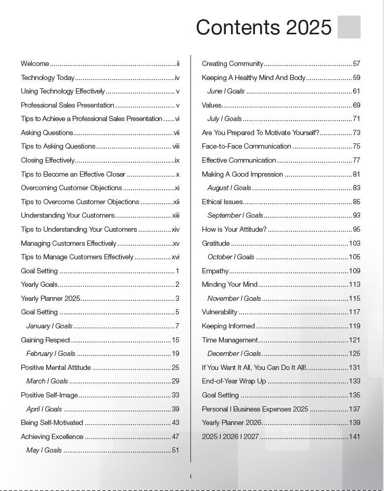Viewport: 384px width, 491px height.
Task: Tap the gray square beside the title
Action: coord(349,27)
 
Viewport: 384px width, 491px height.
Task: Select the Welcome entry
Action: coord(35,64)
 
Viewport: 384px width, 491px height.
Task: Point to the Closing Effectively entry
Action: coord(48,161)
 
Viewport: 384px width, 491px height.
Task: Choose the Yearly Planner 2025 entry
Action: coord(50,298)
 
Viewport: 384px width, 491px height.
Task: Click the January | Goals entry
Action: coord(49,326)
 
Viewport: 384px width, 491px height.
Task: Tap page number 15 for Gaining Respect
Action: coord(175,340)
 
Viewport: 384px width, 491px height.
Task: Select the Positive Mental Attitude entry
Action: coord(56,368)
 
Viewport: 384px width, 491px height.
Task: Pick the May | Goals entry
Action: coord(44,450)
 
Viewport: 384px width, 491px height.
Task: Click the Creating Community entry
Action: coord(233,64)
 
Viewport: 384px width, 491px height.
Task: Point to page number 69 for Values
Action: coord(356,105)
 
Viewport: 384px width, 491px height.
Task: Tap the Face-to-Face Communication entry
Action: coord(247,147)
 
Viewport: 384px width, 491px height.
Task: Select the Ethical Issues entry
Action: coord(222,202)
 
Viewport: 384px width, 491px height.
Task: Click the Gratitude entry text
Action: coord(215,243)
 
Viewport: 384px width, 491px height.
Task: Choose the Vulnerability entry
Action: coord(220,312)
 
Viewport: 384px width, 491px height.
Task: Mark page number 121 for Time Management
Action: coord(354,340)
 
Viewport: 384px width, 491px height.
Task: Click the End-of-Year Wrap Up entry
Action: coord(234,381)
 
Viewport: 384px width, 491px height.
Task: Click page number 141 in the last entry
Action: coord(354,437)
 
